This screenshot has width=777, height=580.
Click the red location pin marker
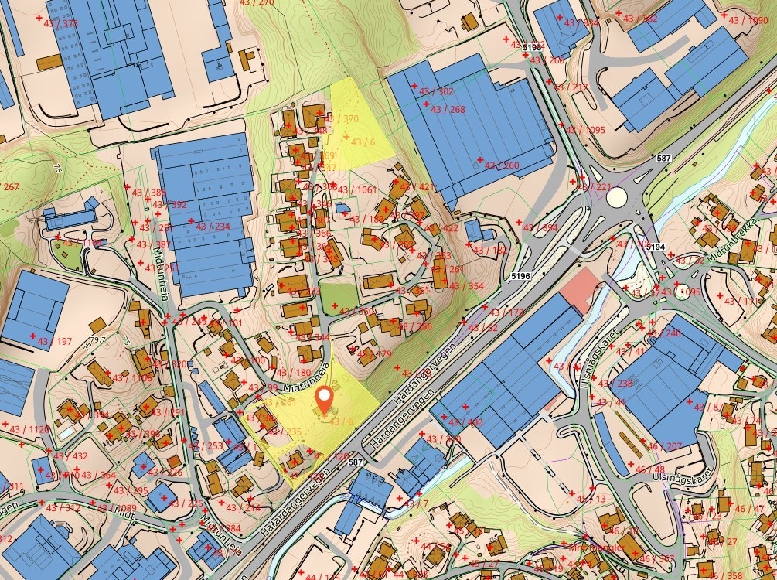325,399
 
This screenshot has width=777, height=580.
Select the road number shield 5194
656,247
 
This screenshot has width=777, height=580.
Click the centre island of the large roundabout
616,197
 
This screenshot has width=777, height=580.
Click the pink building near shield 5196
580,290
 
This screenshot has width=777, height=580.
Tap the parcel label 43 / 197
53,341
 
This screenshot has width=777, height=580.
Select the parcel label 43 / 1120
32,429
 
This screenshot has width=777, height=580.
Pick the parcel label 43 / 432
69,456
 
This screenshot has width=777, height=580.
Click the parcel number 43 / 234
212,227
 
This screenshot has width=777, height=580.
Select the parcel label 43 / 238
614,384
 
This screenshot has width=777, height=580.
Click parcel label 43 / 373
60,23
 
